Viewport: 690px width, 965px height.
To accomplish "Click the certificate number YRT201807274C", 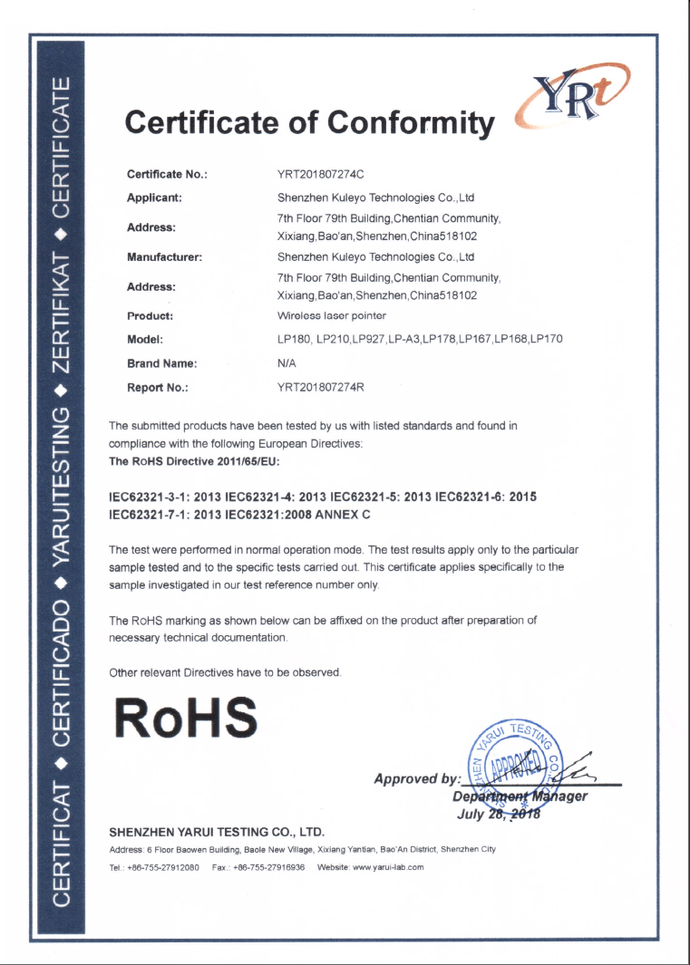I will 320,173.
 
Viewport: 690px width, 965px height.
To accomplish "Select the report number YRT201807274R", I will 320,387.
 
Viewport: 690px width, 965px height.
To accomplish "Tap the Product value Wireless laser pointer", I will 331,316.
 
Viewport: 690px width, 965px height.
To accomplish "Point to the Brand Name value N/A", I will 287,363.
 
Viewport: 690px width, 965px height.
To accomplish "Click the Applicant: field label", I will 155,197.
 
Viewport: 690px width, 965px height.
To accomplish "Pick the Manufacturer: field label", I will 164,256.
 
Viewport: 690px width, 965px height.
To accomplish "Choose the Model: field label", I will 145,339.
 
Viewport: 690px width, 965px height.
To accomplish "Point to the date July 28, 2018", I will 499,813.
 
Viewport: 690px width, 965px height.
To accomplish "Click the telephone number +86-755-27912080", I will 162,867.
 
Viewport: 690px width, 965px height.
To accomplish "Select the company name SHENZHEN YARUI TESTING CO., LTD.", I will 217,831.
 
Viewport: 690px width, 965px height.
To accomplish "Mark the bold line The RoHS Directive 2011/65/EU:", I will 194,461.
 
